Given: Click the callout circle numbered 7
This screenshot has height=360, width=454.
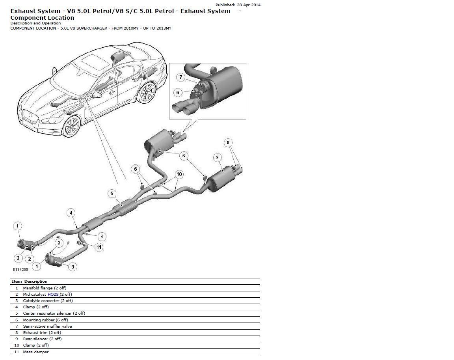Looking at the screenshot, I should coord(180,77).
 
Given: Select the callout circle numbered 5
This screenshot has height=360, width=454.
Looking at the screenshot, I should coord(112,193).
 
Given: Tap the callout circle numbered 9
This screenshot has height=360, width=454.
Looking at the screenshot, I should coord(217,158).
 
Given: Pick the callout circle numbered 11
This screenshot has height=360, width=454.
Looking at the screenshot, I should coord(99,247).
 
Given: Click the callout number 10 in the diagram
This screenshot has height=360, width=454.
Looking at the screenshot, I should coord(179,174).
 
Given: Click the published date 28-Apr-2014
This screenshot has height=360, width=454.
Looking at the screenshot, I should coord(248,5).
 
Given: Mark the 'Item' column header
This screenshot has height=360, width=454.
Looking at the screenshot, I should coord(17,282).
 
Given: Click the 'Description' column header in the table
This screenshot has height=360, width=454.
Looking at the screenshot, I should coord(35,282).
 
